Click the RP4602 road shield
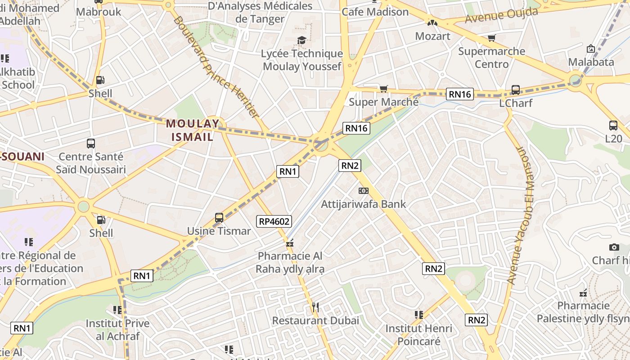click(x=274, y=221)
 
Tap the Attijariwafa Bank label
click(x=363, y=204)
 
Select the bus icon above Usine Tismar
click(x=219, y=218)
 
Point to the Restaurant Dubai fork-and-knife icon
click(x=315, y=307)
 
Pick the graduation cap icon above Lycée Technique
click(x=301, y=40)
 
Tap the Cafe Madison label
click(x=375, y=12)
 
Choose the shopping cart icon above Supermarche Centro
click(x=491, y=38)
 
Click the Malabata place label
click(x=591, y=62)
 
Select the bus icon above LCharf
click(x=516, y=90)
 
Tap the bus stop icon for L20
click(x=613, y=126)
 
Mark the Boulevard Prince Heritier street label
click(x=216, y=67)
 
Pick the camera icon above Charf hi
click(x=614, y=247)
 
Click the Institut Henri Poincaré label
click(x=418, y=335)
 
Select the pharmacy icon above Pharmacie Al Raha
click(x=290, y=243)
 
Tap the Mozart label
click(x=432, y=36)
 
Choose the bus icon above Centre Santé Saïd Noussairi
click(x=91, y=144)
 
